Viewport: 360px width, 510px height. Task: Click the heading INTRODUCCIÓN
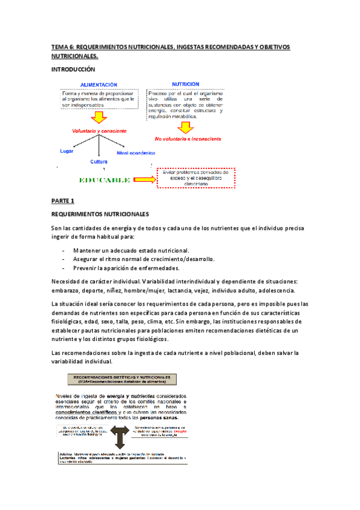pos(75,70)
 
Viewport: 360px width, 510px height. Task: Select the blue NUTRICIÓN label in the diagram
pos(186,84)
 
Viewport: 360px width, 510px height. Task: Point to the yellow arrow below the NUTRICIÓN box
pos(186,126)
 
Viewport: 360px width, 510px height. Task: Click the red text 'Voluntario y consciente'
pos(99,131)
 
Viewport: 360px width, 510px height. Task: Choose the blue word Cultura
pos(99,162)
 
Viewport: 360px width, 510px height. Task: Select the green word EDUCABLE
pos(105,179)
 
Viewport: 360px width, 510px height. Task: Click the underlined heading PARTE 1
pos(63,200)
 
